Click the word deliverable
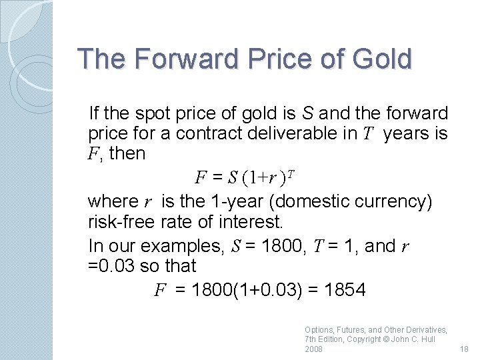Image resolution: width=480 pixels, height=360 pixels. (303, 133)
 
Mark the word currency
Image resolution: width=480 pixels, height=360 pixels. (395, 201)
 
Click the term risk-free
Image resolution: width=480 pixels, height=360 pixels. (121, 221)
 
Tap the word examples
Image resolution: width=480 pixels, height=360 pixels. (187, 246)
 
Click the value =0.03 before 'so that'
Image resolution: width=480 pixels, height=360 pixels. (110, 266)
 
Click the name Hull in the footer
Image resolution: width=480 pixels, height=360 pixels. (427, 339)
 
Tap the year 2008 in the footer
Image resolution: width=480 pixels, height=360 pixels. (313, 349)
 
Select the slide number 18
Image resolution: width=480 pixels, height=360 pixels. (464, 349)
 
